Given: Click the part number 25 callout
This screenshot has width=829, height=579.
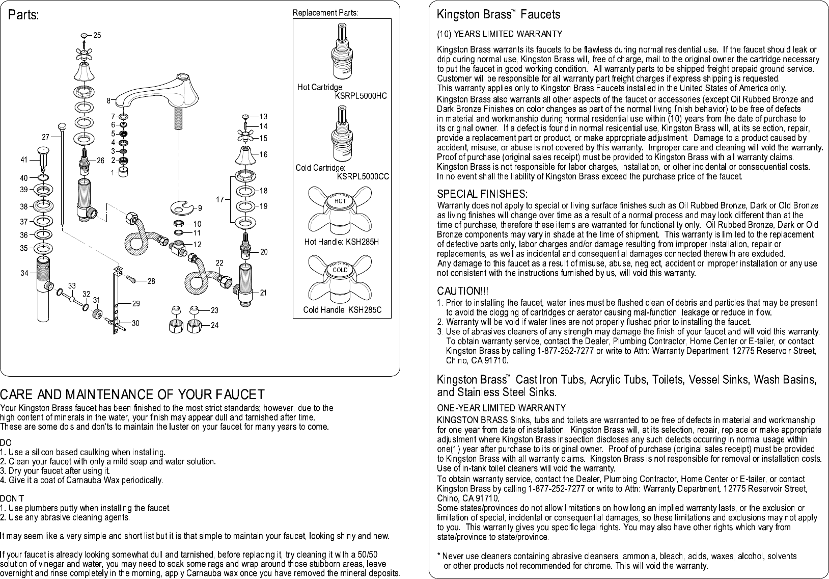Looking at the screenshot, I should [x=97, y=35].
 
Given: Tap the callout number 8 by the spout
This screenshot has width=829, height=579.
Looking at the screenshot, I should [x=108, y=99].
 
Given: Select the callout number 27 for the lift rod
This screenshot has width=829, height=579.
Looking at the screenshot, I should [x=45, y=137].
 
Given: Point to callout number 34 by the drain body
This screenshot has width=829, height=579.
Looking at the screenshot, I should [x=24, y=273].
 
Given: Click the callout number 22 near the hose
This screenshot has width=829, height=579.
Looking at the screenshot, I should [x=219, y=262].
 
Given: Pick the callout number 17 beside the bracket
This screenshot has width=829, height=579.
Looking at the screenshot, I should [x=219, y=199].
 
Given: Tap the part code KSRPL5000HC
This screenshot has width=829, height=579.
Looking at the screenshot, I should [x=361, y=95].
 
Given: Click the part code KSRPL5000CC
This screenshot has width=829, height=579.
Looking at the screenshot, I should [x=363, y=176].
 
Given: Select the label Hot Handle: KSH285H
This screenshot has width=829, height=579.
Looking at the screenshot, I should [x=341, y=242].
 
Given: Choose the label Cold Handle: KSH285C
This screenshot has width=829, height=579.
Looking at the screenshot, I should [x=342, y=310].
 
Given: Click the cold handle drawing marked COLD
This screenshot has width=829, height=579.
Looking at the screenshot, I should [x=340, y=276].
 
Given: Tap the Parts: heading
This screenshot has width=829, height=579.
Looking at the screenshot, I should [x=23, y=15].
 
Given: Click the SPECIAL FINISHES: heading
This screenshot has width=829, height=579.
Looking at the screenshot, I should [x=482, y=194].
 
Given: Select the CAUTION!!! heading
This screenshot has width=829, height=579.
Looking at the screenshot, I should [x=463, y=291].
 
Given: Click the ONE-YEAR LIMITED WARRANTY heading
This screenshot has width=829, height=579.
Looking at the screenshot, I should [x=502, y=408].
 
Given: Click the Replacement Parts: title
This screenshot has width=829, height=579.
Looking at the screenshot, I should [x=325, y=13].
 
